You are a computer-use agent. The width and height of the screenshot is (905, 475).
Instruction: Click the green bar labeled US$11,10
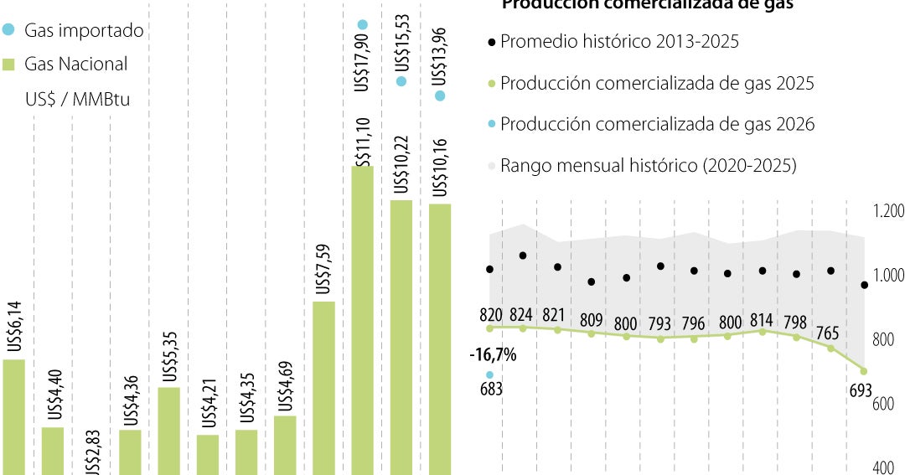pyautogui.click(x=362, y=318)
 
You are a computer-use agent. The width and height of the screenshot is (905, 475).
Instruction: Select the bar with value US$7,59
pyautogui.click(x=323, y=385)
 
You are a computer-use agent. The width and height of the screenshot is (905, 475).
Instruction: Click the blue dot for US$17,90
pyautogui.click(x=363, y=25)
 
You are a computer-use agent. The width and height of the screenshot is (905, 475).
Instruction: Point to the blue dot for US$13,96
pyautogui.click(x=440, y=96)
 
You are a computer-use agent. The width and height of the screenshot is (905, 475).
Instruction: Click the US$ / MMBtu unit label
pyautogui.click(x=77, y=99)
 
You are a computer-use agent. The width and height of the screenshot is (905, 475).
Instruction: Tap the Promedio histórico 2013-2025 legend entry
pyautogui.click(x=619, y=41)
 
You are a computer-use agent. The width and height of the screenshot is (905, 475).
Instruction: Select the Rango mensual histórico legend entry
pyautogui.click(x=648, y=165)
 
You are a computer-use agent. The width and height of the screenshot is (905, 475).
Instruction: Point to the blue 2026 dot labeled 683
pyautogui.click(x=489, y=374)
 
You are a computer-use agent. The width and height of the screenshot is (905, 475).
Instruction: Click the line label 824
pyautogui.click(x=522, y=315)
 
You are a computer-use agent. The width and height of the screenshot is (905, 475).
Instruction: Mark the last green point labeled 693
pyautogui.click(x=863, y=371)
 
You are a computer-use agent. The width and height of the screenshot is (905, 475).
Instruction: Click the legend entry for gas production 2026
pyautogui.click(x=657, y=124)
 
